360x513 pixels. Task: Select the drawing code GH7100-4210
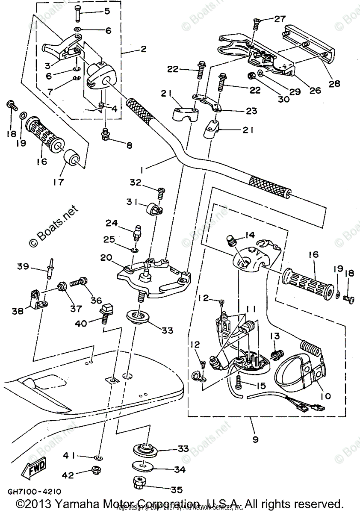click(34, 492)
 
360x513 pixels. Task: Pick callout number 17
click(59, 182)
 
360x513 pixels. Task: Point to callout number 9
click(255, 439)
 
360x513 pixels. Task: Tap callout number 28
click(334, 84)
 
